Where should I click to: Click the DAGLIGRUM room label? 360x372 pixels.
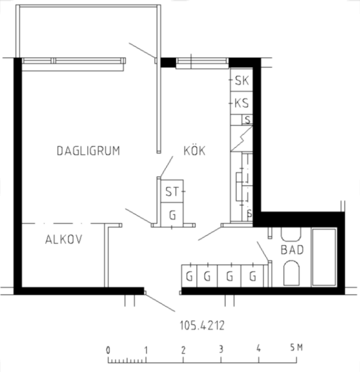click(88, 151)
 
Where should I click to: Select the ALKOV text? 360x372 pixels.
click(64, 239)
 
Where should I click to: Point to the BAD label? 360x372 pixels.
click(292, 250)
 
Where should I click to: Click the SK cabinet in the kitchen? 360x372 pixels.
click(241, 80)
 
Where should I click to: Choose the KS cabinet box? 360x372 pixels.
click(241, 103)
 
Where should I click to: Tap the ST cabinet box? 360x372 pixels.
click(172, 191)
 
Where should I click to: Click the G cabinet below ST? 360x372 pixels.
click(172, 214)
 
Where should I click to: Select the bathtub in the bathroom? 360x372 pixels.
click(324, 257)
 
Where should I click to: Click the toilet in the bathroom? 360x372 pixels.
click(291, 273)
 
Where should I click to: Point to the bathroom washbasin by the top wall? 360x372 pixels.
click(291, 234)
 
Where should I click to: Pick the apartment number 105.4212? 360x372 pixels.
click(202, 325)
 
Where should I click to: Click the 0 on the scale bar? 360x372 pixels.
click(108, 350)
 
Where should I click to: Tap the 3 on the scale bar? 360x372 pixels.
click(221, 349)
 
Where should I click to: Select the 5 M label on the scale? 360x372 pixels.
click(296, 348)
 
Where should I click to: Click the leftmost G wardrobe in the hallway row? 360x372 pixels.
click(189, 276)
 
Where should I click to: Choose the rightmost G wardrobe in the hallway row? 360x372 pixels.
click(252, 276)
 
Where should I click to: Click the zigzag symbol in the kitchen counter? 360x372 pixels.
click(241, 138)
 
